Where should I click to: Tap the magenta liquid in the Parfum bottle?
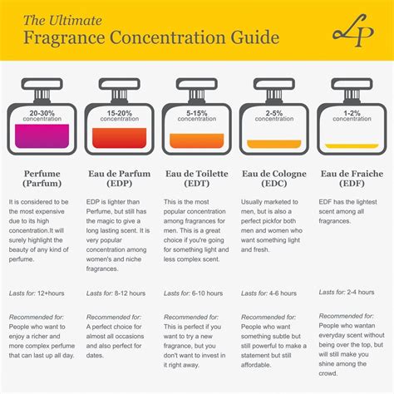[42, 136]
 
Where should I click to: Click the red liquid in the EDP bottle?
[120, 138]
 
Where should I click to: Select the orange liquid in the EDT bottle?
[197, 140]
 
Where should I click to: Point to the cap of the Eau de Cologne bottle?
[273, 86]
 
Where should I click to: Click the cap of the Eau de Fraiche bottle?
[351, 86]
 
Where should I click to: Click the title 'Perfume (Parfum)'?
[41, 180]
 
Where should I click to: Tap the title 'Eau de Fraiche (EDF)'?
[352, 180]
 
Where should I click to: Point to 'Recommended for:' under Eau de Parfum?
[114, 318]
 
